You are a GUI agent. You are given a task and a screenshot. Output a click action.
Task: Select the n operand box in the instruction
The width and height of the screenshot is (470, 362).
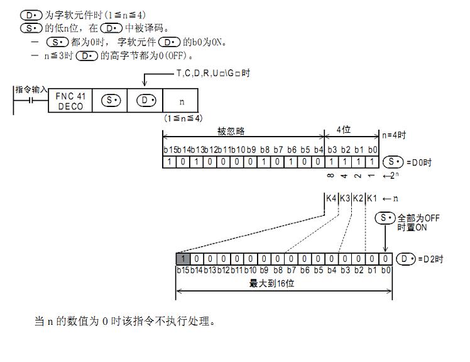(181, 101)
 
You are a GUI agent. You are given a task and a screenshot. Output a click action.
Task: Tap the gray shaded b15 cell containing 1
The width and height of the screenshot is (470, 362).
(182, 259)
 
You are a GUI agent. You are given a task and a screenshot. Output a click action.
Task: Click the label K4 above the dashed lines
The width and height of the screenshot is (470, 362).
(331, 198)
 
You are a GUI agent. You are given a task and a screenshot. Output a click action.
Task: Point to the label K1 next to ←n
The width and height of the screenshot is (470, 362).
(371, 198)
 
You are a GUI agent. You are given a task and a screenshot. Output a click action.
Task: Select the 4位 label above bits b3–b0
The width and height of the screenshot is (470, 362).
(344, 130)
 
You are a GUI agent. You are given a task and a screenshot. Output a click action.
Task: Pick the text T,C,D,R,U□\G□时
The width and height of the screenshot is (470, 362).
(213, 74)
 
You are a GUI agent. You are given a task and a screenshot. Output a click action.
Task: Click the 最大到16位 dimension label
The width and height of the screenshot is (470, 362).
(272, 284)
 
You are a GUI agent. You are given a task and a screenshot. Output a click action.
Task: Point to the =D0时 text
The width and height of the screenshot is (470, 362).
(418, 162)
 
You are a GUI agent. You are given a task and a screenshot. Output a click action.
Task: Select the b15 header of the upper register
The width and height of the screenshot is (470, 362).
(169, 150)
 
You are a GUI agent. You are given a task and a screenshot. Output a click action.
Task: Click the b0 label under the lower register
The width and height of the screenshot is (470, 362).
(386, 270)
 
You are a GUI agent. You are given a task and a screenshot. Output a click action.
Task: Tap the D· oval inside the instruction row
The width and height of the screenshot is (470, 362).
(146, 101)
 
